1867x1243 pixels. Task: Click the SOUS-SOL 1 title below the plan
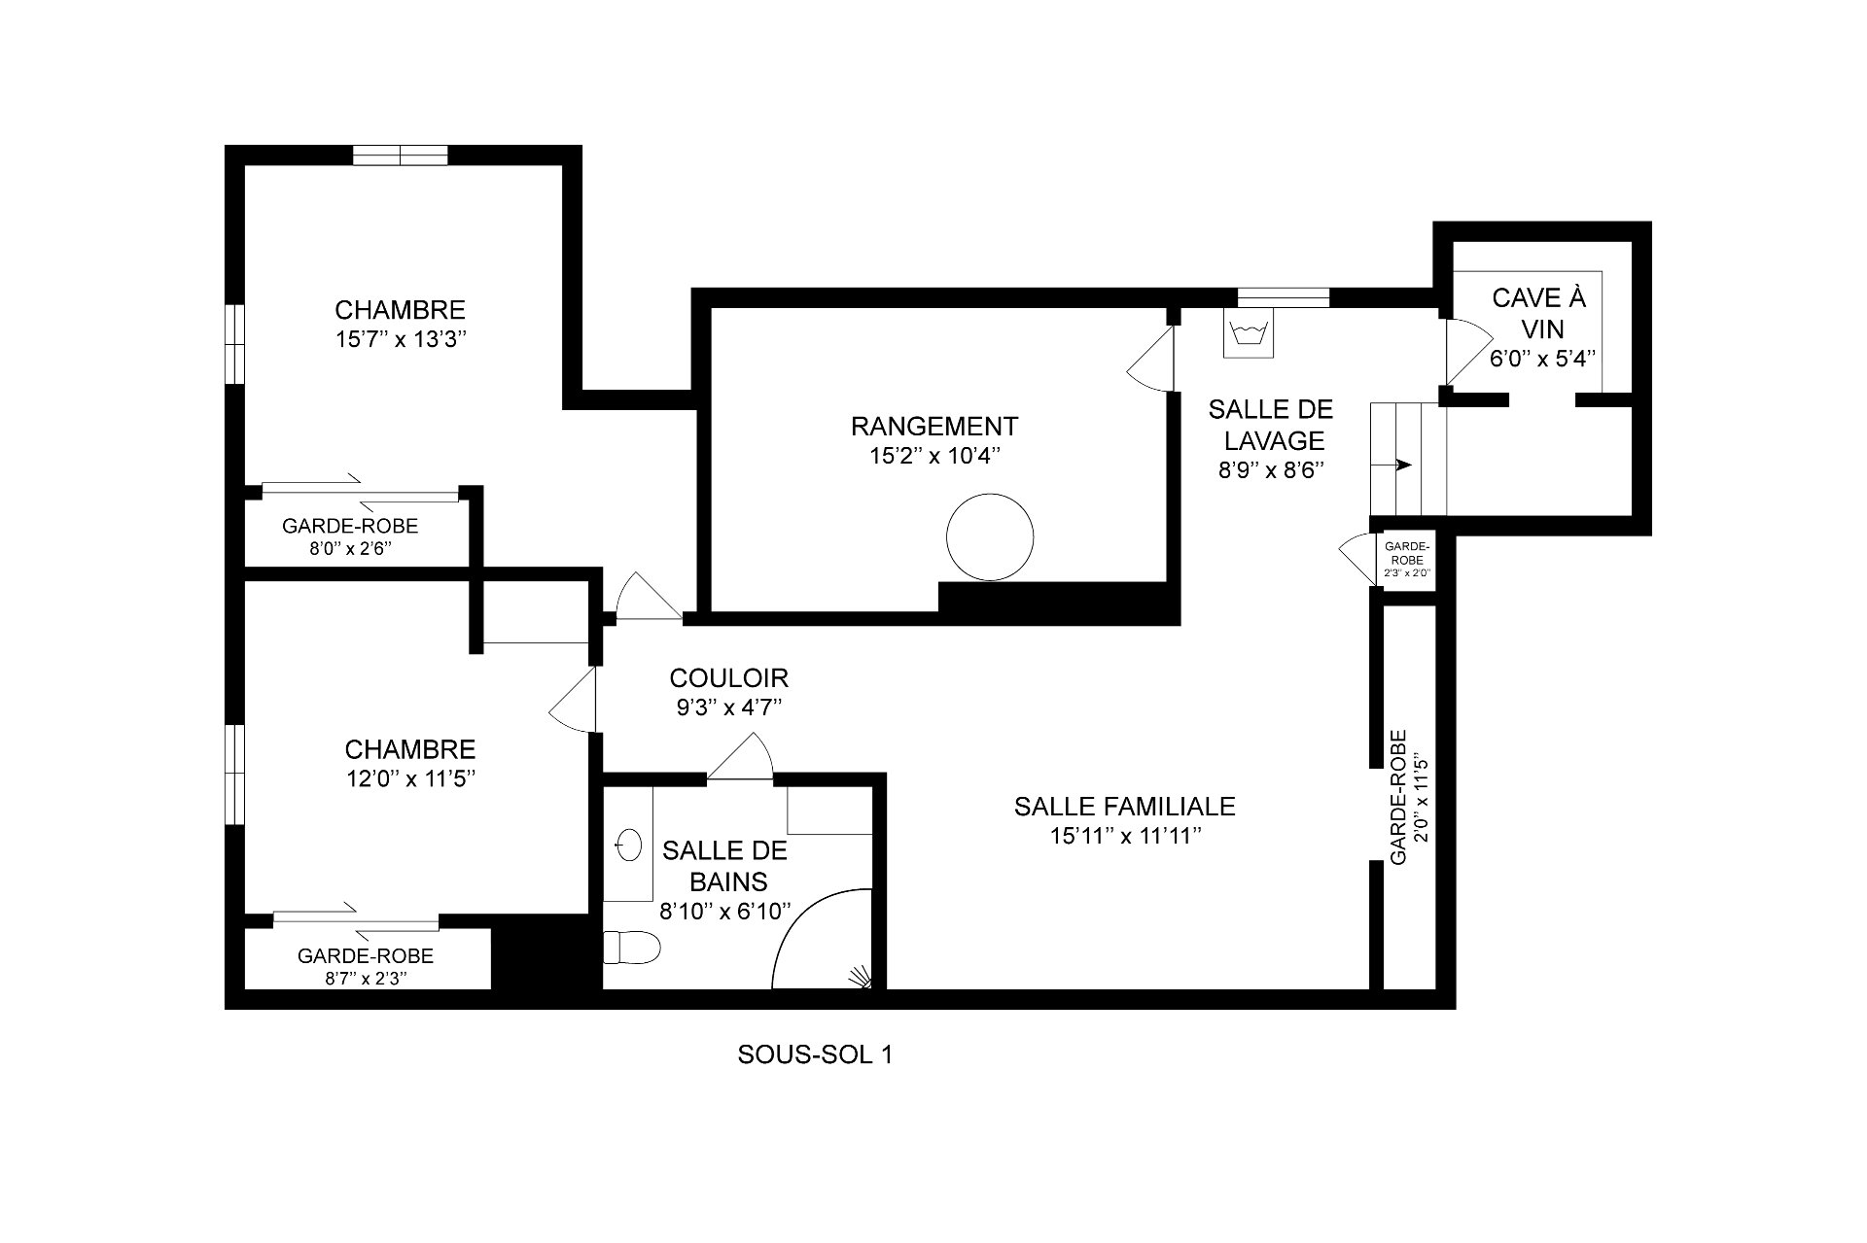(x=815, y=1054)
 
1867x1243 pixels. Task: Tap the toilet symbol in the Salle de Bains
(x=631, y=947)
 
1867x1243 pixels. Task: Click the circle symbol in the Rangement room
(x=990, y=537)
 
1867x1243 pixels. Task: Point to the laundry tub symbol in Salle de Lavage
(x=1249, y=334)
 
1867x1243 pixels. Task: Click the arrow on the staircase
(x=1404, y=466)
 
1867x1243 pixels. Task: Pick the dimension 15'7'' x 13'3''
(x=401, y=340)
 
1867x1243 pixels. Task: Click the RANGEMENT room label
(x=934, y=427)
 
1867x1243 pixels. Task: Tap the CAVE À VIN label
(x=1538, y=312)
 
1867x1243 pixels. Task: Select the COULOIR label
(x=728, y=677)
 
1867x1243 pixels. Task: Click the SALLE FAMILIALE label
(x=1124, y=806)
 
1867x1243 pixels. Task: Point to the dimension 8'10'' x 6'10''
(x=724, y=911)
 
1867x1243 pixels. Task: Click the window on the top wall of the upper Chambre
(x=400, y=155)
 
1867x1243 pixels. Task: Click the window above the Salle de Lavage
(x=1283, y=297)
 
